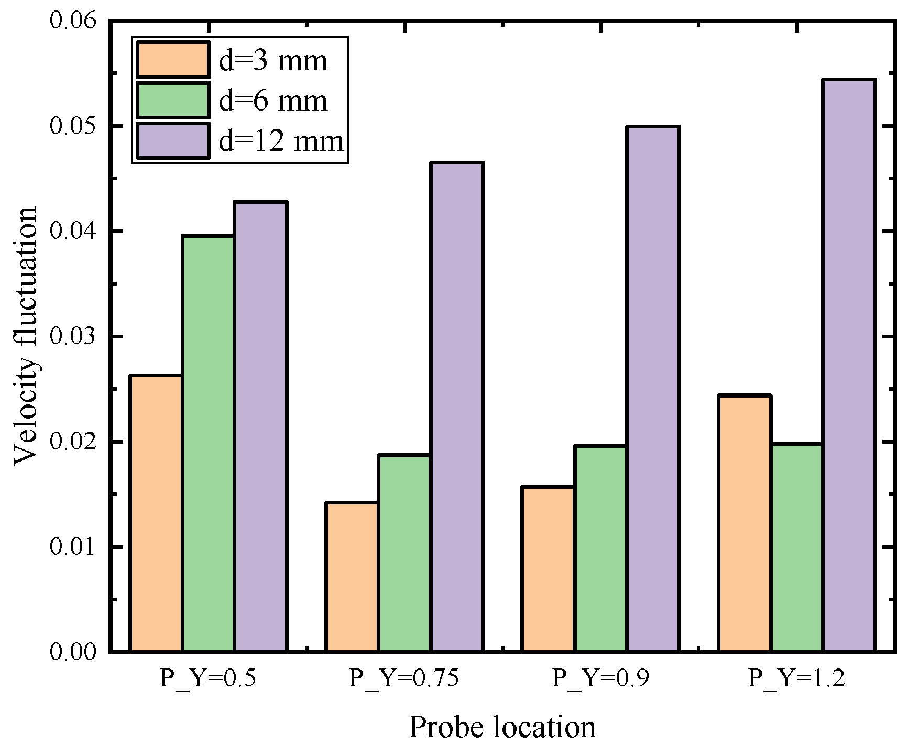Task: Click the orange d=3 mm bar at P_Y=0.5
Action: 156,513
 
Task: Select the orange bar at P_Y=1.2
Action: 744,523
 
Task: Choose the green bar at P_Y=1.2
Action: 797,547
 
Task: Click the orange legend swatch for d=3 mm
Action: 173,59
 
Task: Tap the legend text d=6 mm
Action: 273,101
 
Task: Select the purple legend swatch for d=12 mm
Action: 173,140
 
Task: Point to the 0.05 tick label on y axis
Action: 73,126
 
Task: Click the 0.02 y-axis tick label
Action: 73,442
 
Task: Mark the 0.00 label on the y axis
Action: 73,652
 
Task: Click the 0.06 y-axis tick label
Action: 73,21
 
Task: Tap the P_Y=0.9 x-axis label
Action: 600,678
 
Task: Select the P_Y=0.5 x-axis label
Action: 208,678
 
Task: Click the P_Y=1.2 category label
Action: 796,678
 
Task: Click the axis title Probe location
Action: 502,727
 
